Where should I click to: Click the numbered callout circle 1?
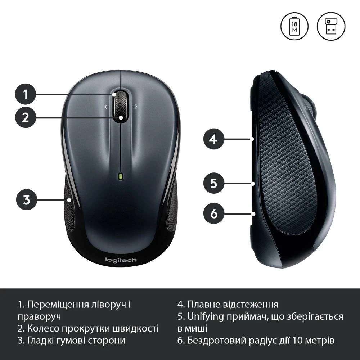26,94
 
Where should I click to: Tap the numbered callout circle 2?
26,117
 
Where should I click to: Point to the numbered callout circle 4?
214,139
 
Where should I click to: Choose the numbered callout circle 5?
214,183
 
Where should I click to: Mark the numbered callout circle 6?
214,213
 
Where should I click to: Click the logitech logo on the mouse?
121,260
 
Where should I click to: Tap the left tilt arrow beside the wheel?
106,107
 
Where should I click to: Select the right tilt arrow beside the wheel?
136,107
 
